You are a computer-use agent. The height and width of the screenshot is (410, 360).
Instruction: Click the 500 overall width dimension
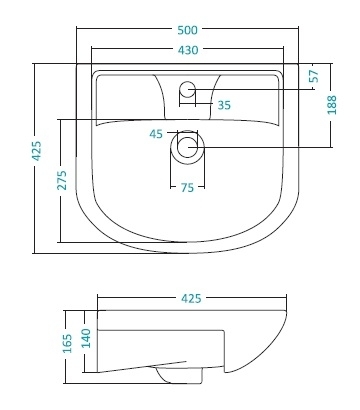coord(187,30)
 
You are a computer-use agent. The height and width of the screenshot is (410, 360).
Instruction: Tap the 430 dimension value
coord(188,50)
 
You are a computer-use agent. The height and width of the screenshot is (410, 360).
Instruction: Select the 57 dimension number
coord(314,76)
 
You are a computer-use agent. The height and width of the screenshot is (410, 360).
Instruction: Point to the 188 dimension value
coord(332,105)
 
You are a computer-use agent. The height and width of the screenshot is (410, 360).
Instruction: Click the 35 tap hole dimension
coord(224,105)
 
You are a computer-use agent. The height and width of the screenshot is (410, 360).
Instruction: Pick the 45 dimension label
coord(156,134)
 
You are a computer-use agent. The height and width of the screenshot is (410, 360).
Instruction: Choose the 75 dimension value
coord(187,188)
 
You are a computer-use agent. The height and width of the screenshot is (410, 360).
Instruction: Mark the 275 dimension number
coord(62,180)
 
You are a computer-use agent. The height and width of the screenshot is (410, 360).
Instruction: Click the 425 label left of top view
coord(37,151)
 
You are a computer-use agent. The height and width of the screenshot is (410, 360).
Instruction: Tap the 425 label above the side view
coord(191,298)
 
